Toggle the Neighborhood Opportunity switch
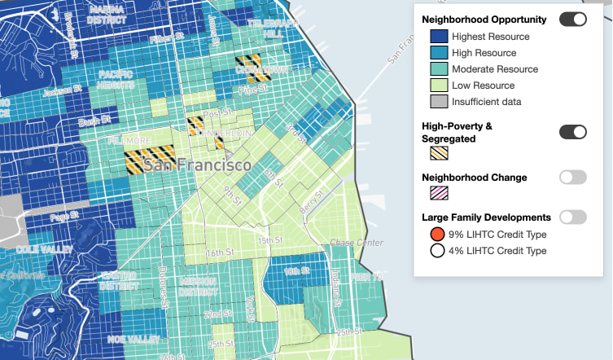[572, 19]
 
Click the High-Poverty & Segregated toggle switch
[572, 132]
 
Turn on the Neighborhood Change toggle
[572, 177]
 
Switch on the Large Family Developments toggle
[572, 217]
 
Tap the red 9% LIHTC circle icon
[437, 235]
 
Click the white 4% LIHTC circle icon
[437, 251]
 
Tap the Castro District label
[119, 281]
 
